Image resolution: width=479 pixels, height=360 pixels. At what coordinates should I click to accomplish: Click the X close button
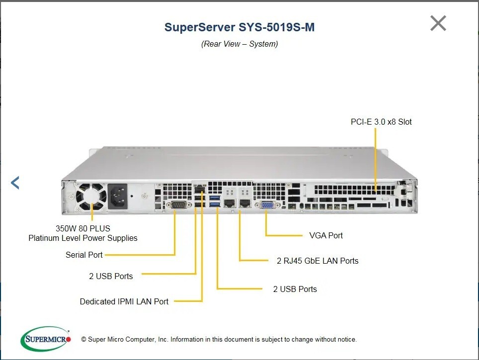coord(438,23)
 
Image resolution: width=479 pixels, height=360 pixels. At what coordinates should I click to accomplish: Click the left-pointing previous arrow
coord(15,183)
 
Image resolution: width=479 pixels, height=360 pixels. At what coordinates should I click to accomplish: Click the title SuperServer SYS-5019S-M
coord(239,27)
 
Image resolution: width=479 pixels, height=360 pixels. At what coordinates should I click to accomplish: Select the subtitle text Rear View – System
coord(239,44)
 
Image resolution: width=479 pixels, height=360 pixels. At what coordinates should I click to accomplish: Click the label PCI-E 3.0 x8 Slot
coord(381,122)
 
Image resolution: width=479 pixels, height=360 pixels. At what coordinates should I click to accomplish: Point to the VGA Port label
coord(325,235)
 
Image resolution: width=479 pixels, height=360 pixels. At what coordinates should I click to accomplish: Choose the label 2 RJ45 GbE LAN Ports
coord(318,261)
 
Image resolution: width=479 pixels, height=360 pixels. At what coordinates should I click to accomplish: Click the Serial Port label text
coord(84,255)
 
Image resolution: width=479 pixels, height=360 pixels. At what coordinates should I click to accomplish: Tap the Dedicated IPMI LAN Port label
coord(124,301)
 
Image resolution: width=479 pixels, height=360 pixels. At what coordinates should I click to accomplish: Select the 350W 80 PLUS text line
coord(83,228)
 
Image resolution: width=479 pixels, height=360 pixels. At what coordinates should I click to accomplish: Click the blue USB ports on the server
coord(215,202)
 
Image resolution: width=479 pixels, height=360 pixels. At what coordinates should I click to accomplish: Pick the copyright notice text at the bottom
coord(219,340)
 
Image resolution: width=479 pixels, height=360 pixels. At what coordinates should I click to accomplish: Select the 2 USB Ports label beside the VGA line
coord(295,289)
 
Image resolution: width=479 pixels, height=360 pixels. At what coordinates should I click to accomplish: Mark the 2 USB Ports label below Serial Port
coord(111,276)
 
